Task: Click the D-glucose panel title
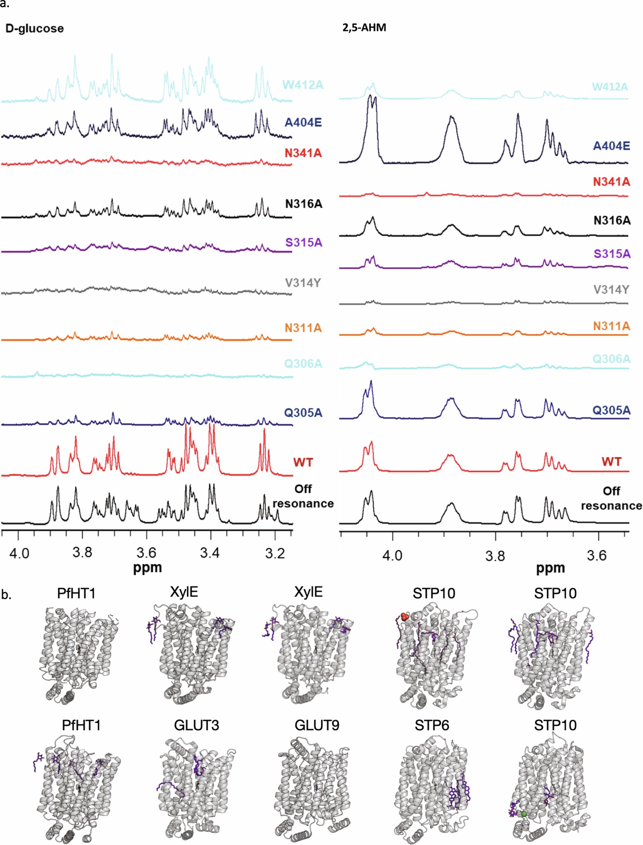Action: [x=34, y=28]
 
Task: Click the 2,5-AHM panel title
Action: [x=364, y=28]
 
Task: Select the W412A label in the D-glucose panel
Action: [x=303, y=85]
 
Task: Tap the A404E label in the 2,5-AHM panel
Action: [x=611, y=146]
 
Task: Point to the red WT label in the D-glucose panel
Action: [x=303, y=462]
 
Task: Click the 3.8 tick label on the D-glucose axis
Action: [x=82, y=553]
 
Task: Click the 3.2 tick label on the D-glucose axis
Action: [x=275, y=553]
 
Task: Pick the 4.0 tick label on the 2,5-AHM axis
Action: [x=392, y=555]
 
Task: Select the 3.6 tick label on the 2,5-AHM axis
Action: [x=596, y=555]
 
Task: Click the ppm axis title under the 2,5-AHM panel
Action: [x=550, y=568]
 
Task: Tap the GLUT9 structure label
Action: [x=317, y=725]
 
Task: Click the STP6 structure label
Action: [x=432, y=725]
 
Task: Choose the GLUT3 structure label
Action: [x=196, y=725]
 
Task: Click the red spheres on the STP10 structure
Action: [x=404, y=617]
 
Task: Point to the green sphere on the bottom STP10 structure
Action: [x=524, y=814]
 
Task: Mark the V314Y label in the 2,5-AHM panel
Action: [x=611, y=289]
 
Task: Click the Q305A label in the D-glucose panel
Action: [x=303, y=413]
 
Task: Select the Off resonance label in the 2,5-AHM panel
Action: [x=611, y=498]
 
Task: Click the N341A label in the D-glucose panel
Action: [x=303, y=153]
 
